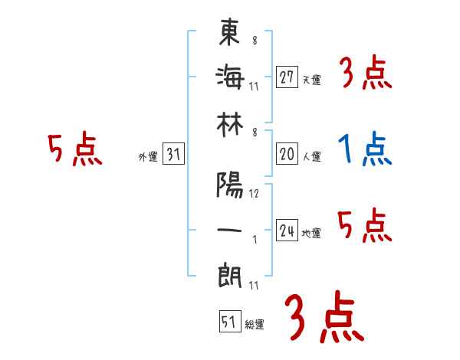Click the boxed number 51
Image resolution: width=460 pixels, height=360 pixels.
point(228,322)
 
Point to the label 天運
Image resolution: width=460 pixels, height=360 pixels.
point(311,80)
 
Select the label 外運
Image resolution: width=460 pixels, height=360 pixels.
point(148,157)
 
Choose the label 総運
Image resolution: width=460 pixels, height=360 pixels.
point(254,325)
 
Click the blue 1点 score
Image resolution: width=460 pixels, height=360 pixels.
point(364,149)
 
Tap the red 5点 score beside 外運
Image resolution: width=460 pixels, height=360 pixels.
point(74,149)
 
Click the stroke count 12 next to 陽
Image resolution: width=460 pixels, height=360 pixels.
point(254,193)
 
